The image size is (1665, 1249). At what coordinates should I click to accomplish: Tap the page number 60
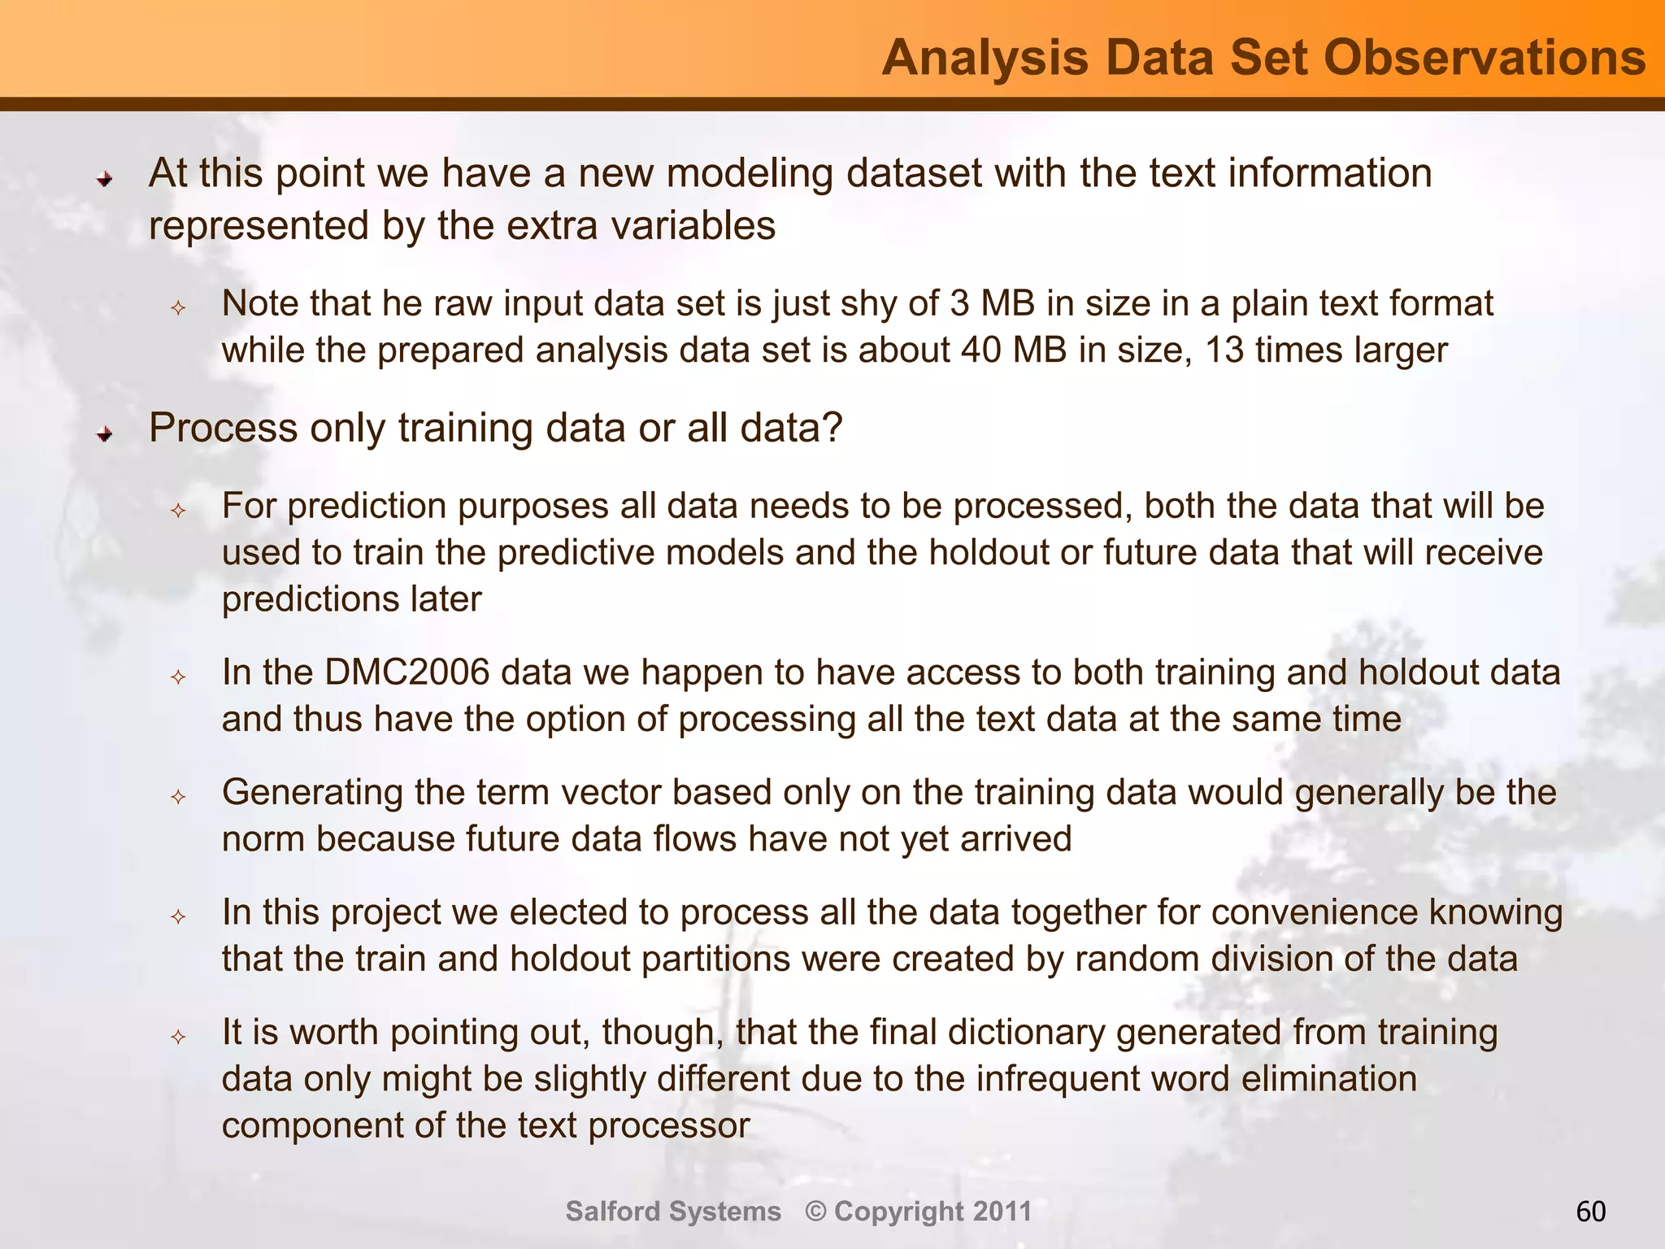pyautogui.click(x=1591, y=1212)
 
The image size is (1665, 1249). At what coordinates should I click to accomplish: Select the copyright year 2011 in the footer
pyautogui.click(x=1002, y=1212)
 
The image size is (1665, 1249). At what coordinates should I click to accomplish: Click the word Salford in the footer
pyautogui.click(x=613, y=1212)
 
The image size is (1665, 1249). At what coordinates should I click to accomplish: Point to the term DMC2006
pyautogui.click(x=406, y=673)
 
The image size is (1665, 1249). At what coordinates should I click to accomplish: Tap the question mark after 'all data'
pyautogui.click(x=832, y=428)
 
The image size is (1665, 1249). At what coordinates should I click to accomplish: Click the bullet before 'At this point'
pyautogui.click(x=104, y=178)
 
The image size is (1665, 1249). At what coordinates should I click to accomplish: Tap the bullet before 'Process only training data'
pyautogui.click(x=104, y=434)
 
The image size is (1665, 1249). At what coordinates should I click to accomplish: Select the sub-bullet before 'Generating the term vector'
pyautogui.click(x=179, y=797)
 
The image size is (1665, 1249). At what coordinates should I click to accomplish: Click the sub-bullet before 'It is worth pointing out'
pyautogui.click(x=179, y=1037)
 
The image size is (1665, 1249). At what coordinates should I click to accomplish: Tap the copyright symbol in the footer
pyautogui.click(x=816, y=1212)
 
